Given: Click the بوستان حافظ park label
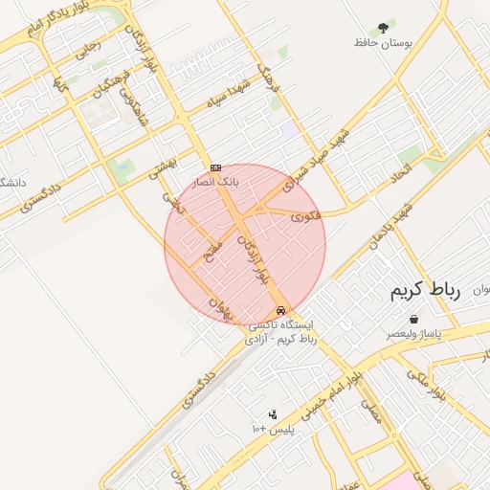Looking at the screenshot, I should click(382, 43).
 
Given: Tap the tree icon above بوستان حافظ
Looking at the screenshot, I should click(383, 27).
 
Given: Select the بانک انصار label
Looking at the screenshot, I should click(215, 180).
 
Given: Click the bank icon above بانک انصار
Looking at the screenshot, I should click(215, 167).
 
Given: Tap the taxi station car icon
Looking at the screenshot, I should click(280, 310).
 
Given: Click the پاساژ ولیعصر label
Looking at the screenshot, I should click(413, 334).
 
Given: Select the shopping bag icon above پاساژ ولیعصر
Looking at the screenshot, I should click(413, 320).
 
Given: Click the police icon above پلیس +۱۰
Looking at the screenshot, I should click(273, 414).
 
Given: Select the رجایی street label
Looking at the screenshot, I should click(88, 48).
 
